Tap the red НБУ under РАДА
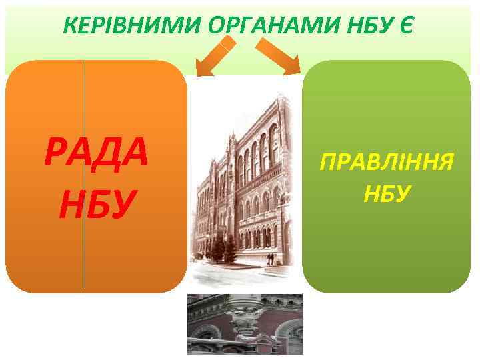pos(97,204)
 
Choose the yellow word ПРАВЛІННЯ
pos(387,162)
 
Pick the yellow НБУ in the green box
pos(387,194)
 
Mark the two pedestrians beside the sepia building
pos(269,259)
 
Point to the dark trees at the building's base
pos(220,250)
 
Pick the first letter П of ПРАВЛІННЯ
pos(329,162)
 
